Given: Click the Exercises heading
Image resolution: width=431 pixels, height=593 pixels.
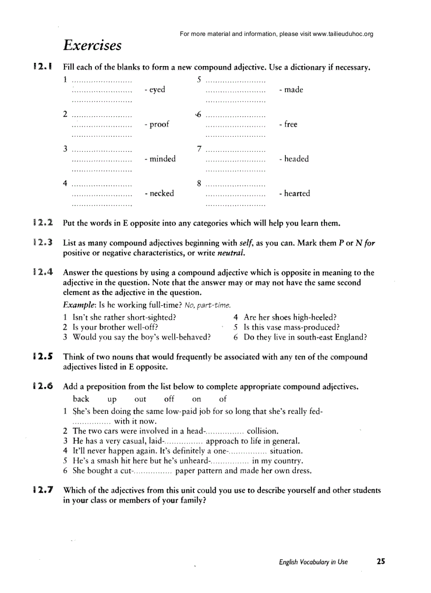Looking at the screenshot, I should pyautogui.click(x=92, y=45).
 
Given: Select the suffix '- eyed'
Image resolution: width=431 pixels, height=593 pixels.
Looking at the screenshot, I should pyautogui.click(x=154, y=90).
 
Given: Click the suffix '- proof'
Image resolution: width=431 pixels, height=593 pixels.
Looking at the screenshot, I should pyautogui.click(x=157, y=125).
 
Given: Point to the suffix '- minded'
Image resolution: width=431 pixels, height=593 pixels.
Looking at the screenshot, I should pyautogui.click(x=160, y=159).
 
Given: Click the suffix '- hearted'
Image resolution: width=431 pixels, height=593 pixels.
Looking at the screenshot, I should pyautogui.click(x=295, y=193).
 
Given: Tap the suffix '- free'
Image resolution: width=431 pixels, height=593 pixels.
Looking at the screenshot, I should pyautogui.click(x=288, y=125).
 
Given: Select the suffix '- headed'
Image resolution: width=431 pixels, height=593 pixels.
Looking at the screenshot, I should pyautogui.click(x=294, y=159).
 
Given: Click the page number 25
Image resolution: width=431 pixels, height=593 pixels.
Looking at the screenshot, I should pyautogui.click(x=381, y=561).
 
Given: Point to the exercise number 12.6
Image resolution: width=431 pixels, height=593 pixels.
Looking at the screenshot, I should pyautogui.click(x=42, y=387).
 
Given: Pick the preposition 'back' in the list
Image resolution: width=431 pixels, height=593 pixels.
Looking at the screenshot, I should pyautogui.click(x=81, y=399).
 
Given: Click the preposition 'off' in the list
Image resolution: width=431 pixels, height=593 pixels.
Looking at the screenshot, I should pyautogui.click(x=169, y=399).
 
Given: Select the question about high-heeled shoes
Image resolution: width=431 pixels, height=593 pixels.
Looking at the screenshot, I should pyautogui.click(x=290, y=317).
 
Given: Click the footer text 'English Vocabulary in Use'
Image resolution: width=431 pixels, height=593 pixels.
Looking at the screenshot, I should pyautogui.click(x=313, y=562).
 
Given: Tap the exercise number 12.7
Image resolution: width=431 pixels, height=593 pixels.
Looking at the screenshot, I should pyautogui.click(x=42, y=490).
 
